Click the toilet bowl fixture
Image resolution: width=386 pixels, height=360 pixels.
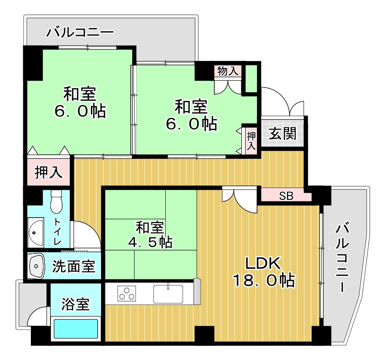56,202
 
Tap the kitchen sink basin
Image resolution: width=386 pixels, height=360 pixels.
168,294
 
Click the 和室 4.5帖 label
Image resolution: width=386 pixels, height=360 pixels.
150,235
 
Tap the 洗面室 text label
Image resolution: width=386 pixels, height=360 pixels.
74,267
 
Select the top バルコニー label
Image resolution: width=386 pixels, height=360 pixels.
80,32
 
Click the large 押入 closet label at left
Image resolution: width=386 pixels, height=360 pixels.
49,172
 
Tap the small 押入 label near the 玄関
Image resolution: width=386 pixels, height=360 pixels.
251,141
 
